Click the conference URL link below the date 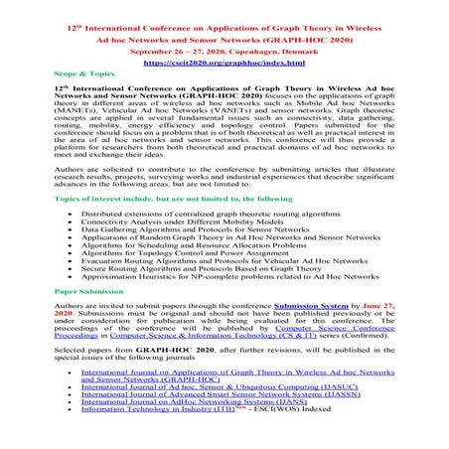(x=224, y=62)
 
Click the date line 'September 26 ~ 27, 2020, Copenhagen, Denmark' (x=224, y=49)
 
